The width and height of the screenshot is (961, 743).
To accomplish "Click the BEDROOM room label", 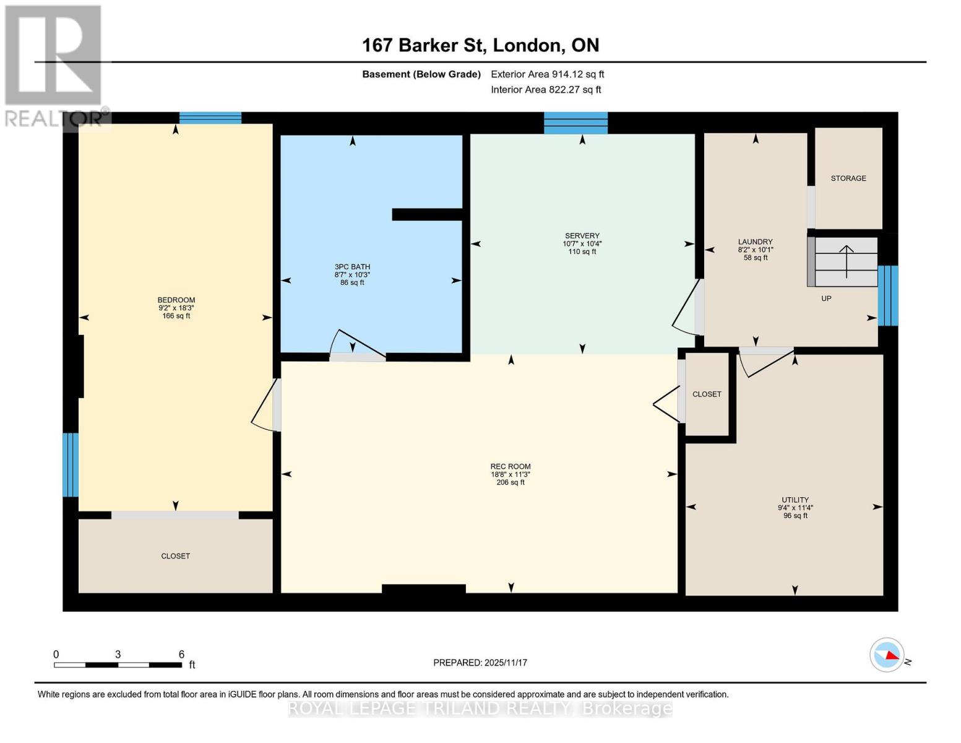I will coord(176,300).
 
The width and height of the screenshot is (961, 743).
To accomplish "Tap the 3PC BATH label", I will coord(352,267).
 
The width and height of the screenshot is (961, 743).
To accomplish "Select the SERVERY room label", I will coord(582,236).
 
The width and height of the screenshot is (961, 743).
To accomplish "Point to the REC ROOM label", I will coord(511,467).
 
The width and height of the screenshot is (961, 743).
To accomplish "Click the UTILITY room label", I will coord(795,500).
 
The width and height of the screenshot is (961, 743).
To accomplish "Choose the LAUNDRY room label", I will coord(755,242).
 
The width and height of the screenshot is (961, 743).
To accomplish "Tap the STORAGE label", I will coord(848,178).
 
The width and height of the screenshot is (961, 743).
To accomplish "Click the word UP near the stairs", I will coord(826,298).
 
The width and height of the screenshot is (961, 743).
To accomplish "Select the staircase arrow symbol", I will coord(846,260).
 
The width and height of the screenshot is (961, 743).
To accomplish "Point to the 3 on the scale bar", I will coord(118,654).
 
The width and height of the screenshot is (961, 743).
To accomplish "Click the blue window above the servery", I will coord(575,123).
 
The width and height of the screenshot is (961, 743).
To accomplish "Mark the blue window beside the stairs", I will coord(888,295).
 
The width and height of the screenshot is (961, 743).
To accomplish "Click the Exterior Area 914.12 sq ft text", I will coord(547,74).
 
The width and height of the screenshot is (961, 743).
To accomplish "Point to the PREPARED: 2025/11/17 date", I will coord(480,663).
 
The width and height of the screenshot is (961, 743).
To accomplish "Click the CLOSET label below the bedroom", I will coord(176,556).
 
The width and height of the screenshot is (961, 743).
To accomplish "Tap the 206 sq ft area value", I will coord(511,482).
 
